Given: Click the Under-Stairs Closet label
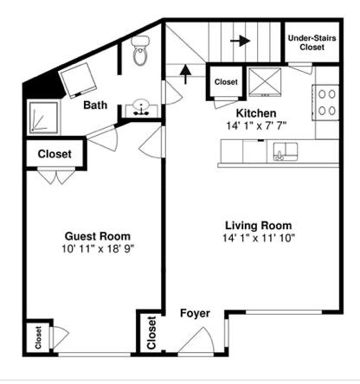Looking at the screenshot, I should click(312, 42).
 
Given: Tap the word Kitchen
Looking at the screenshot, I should click(256, 113).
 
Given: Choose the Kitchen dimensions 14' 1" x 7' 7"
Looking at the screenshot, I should click(256, 126).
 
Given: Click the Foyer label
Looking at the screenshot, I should click(195, 312).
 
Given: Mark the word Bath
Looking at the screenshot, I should click(95, 106).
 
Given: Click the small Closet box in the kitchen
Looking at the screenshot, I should click(226, 81).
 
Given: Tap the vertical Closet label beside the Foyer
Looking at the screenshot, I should click(151, 333).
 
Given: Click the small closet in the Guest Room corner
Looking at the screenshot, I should click(39, 339).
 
